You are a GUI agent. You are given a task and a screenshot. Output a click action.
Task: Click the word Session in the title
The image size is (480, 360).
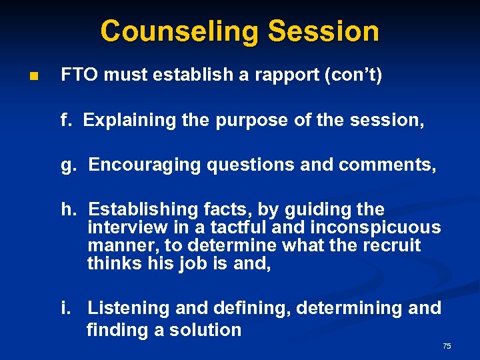click(x=324, y=31)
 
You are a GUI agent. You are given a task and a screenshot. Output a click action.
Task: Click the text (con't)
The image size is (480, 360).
click(x=353, y=75)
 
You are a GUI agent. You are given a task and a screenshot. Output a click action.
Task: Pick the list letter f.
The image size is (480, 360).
click(x=65, y=120)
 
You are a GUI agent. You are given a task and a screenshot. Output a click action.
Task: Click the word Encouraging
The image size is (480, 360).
click(x=144, y=165)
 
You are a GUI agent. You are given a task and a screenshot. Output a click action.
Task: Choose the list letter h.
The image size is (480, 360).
click(x=67, y=209)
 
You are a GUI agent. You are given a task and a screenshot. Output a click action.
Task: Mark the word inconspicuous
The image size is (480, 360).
click(x=377, y=227)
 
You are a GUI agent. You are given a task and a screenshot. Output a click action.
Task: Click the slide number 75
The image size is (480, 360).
click(x=447, y=346)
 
